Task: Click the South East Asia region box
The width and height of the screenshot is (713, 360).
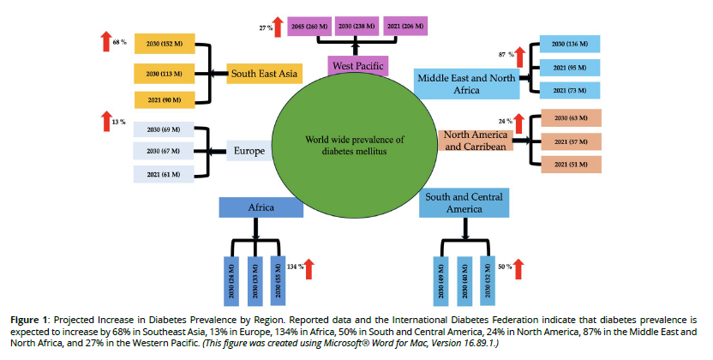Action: [264, 74]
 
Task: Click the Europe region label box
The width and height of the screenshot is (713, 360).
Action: [249, 152]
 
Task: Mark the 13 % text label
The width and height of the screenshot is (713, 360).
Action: [118, 122]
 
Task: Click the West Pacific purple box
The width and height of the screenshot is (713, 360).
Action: [358, 64]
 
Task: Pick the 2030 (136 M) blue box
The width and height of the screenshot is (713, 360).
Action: [569, 45]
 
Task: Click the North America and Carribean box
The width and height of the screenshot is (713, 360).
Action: [476, 140]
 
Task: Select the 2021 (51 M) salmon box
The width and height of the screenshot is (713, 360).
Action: [569, 165]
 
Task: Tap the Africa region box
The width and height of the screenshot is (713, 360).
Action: [261, 207]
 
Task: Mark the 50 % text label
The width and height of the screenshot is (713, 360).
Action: [504, 267]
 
